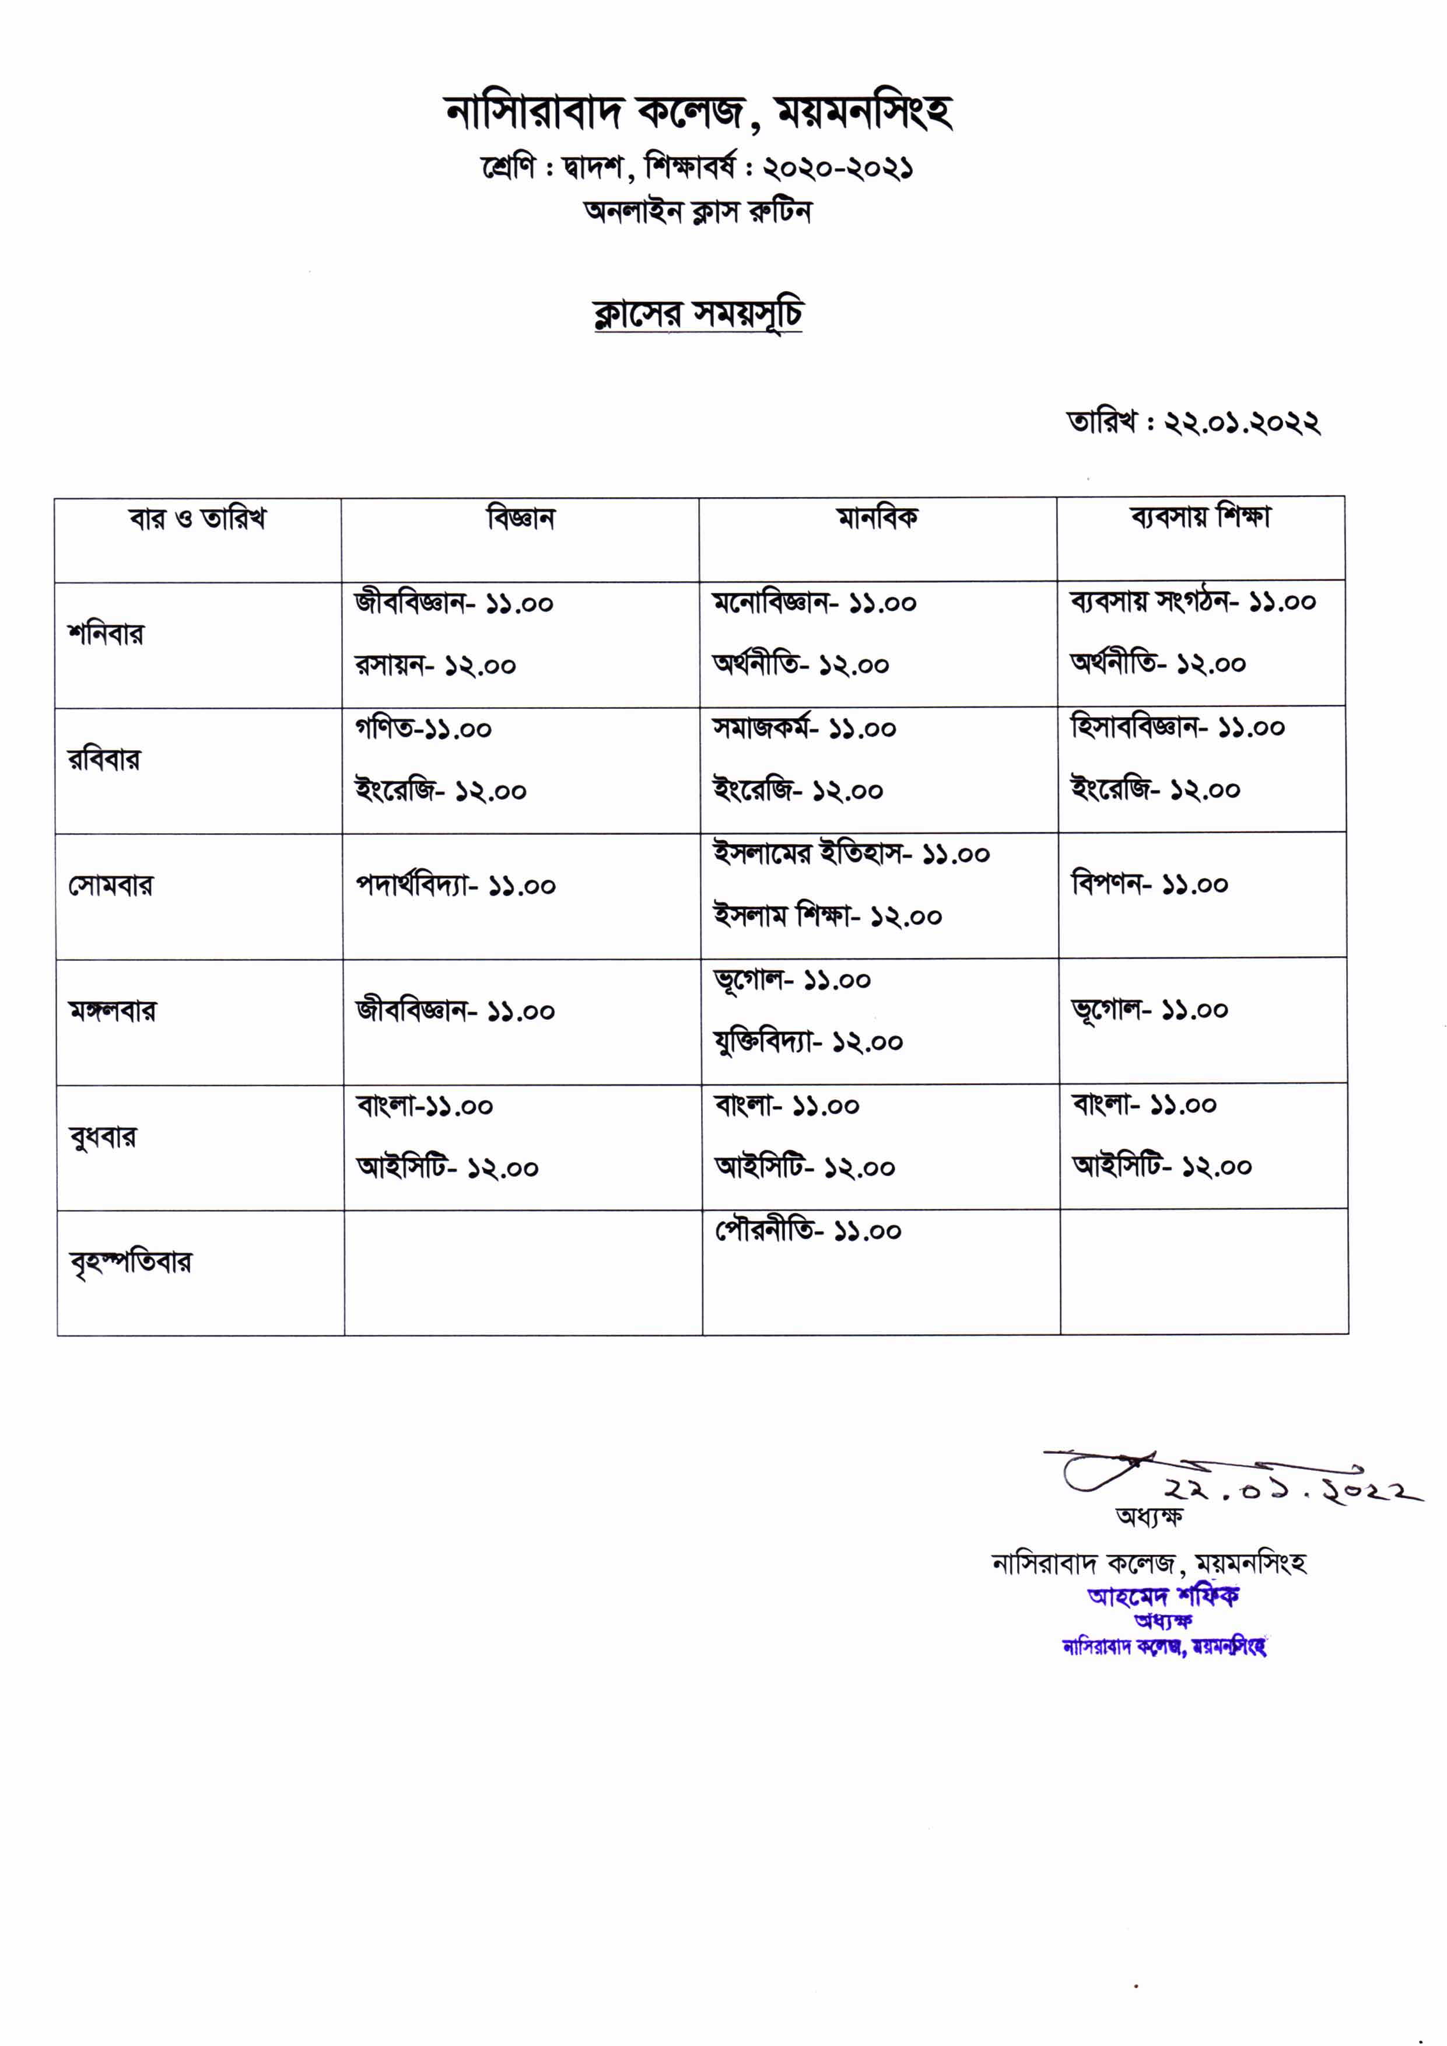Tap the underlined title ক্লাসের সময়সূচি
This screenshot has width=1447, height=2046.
pyautogui.click(x=698, y=314)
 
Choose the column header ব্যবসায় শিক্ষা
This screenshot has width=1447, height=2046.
pyautogui.click(x=1200, y=517)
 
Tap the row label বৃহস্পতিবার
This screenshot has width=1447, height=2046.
pyautogui.click(x=130, y=1262)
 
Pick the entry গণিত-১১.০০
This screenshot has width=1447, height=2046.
pyautogui.click(x=423, y=729)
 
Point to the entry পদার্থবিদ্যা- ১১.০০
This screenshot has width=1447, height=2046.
pyautogui.click(x=456, y=886)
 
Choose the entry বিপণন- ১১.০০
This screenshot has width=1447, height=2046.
pyautogui.click(x=1150, y=885)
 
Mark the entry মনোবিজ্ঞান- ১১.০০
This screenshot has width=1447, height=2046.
pyautogui.click(x=814, y=603)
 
